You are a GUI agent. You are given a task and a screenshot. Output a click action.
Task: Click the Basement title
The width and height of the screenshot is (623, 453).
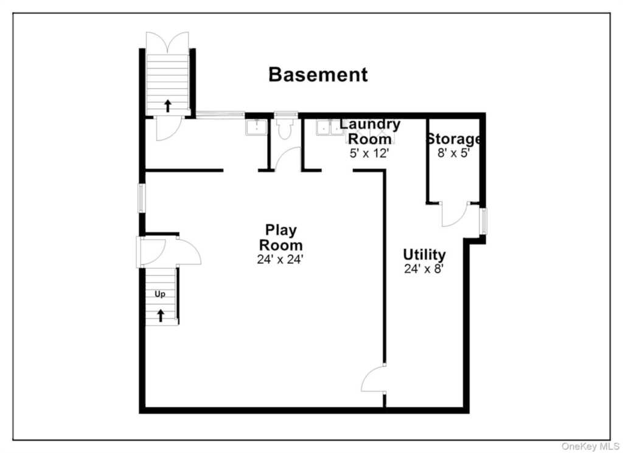(x=318, y=75)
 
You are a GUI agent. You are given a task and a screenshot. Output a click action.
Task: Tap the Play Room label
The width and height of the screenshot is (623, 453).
(x=281, y=237)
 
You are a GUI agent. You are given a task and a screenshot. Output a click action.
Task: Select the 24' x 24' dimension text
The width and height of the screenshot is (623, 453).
(x=280, y=259)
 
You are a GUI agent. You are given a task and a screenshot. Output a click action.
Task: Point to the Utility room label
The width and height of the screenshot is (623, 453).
(x=424, y=254)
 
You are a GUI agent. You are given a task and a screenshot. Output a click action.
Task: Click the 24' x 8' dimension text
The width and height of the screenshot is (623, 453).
(x=423, y=269)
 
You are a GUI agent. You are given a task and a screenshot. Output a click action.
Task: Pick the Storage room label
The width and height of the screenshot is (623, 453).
(x=454, y=139)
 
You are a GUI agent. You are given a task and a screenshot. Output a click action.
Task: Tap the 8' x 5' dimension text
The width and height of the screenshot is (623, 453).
(x=454, y=153)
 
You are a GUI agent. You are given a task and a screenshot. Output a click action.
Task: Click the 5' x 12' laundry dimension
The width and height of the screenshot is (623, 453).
(x=369, y=153)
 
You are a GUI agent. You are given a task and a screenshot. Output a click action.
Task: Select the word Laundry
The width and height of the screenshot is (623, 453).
(x=370, y=125)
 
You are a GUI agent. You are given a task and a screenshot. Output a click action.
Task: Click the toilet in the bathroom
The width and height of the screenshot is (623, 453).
(x=285, y=128)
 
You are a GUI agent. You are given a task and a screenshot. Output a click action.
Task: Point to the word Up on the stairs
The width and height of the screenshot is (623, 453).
(x=160, y=294)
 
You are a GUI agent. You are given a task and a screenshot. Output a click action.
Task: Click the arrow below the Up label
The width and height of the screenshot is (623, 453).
(x=161, y=316)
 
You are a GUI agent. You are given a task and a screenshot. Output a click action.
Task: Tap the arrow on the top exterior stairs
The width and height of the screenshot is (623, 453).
(x=168, y=106)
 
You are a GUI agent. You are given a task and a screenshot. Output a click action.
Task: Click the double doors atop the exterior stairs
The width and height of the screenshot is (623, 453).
(x=167, y=43)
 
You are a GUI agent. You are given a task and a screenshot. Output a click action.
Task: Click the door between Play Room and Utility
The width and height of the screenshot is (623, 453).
(x=374, y=379)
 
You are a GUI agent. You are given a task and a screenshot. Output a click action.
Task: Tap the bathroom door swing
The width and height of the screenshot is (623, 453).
(x=288, y=159)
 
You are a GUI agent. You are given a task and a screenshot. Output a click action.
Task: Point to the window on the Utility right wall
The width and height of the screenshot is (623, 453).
(x=483, y=221)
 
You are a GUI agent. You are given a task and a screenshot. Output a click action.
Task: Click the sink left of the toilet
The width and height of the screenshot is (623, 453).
(x=256, y=128)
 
